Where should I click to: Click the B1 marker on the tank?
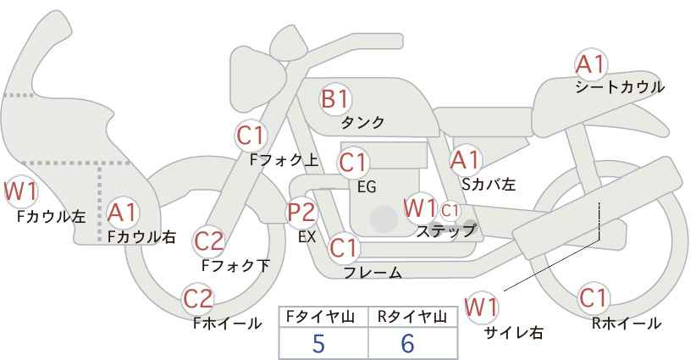(335, 98)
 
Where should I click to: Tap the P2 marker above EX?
(301, 212)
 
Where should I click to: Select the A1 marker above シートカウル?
(591, 64)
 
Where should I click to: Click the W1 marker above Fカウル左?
(21, 191)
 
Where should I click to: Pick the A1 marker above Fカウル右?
(123, 213)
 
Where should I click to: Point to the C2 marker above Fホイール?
(198, 299)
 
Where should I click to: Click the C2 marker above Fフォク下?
(209, 241)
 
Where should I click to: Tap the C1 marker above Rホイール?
(593, 298)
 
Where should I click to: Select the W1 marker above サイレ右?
(481, 307)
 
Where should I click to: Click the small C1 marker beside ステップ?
(450, 210)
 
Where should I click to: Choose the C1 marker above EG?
(353, 163)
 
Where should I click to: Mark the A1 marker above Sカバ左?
(466, 160)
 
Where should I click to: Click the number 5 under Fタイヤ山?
(318, 343)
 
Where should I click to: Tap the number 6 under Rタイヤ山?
(407, 343)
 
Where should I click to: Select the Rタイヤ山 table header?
(412, 317)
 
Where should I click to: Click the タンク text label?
(362, 123)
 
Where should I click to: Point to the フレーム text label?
(373, 273)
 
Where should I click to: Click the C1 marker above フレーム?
(343, 247)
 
